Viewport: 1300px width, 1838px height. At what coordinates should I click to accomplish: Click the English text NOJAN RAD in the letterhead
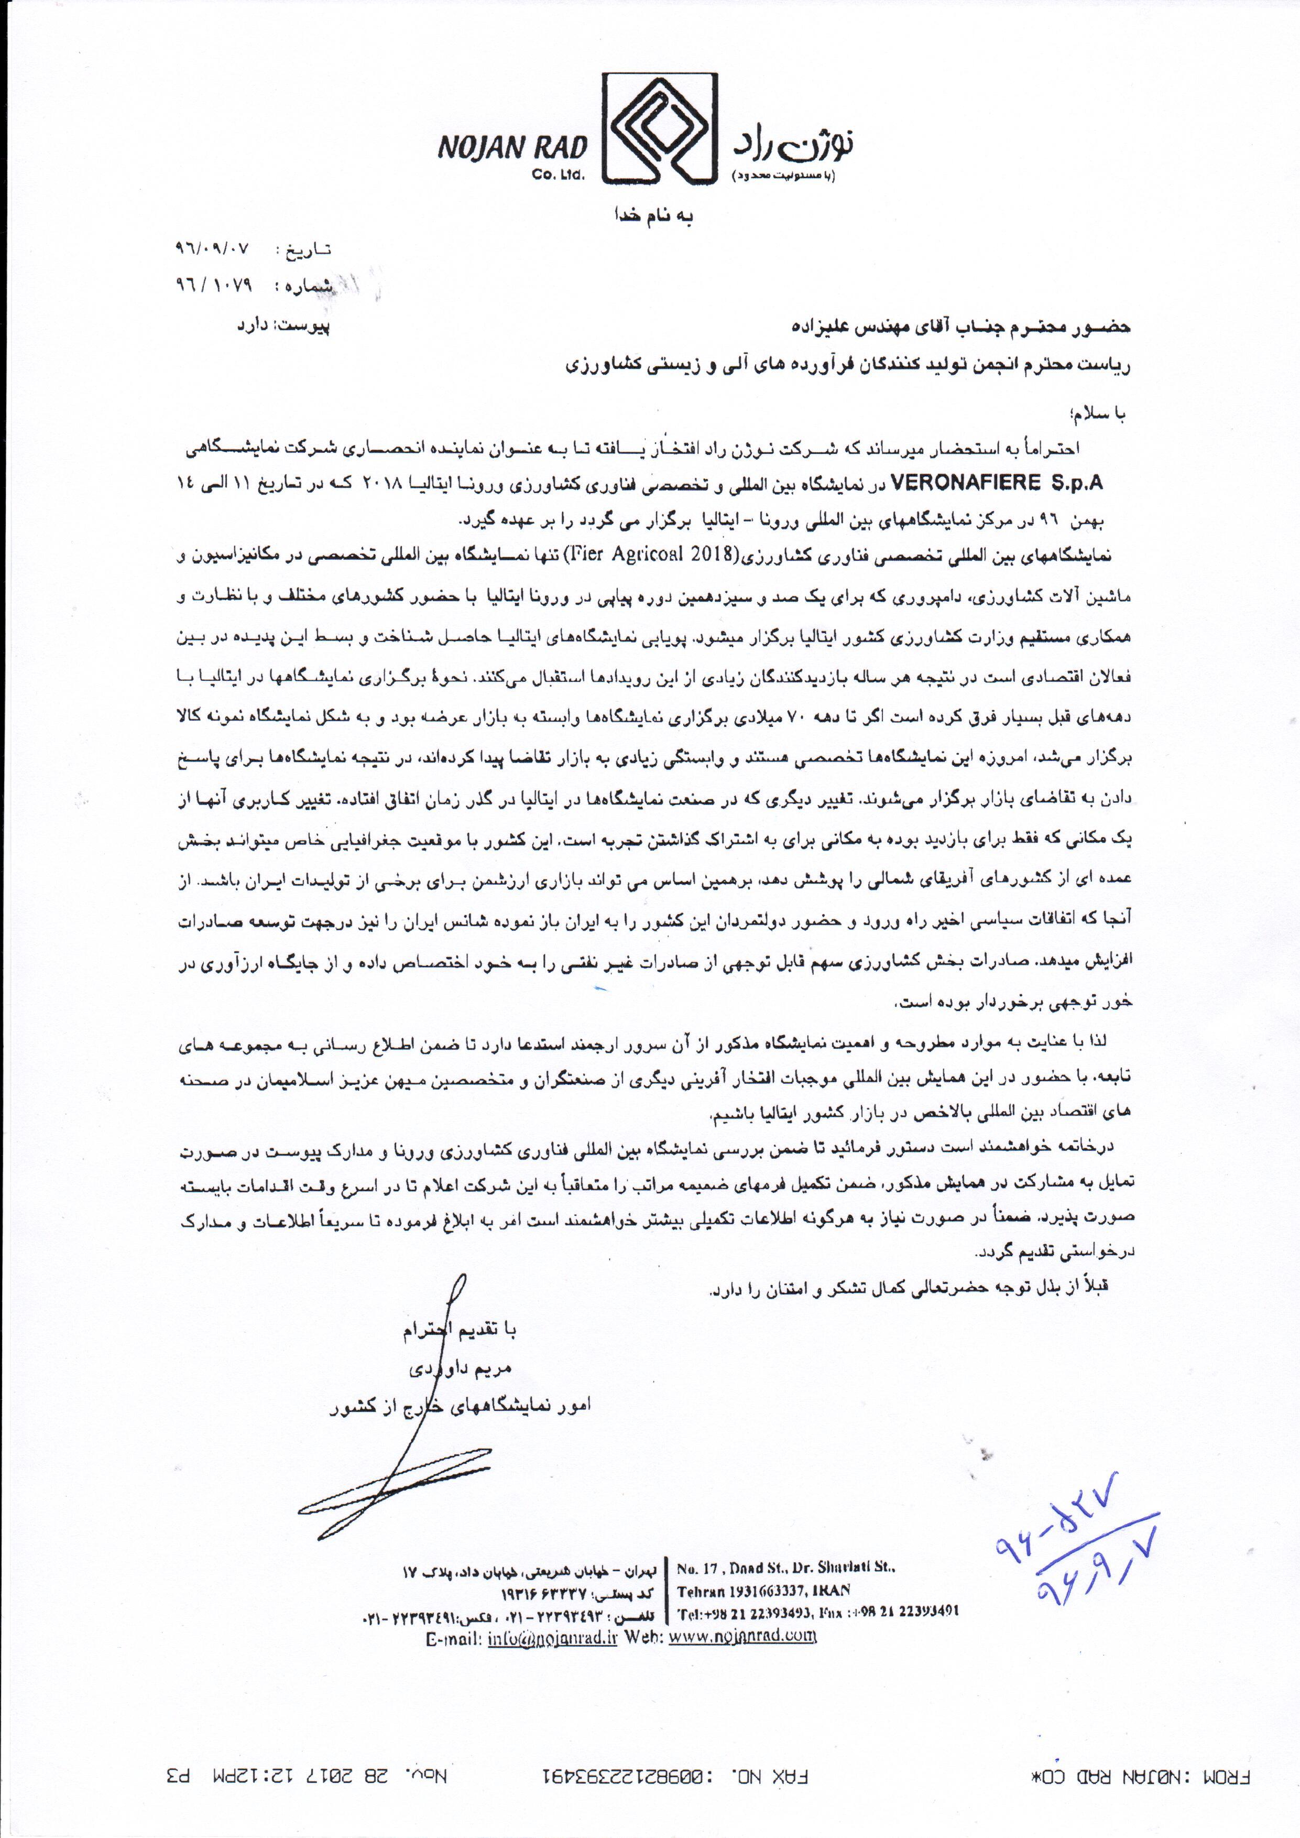512,147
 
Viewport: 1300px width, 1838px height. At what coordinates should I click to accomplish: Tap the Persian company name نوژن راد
792,143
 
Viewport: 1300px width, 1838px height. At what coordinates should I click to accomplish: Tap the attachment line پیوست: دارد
281,326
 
